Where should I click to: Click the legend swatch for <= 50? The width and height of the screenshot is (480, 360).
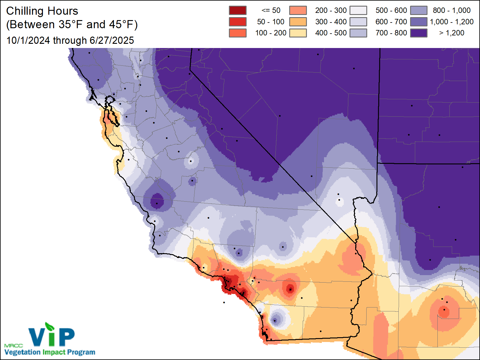tap(238, 10)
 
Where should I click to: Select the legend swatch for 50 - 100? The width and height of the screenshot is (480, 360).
tap(238, 22)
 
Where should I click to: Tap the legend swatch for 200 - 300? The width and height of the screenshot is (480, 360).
tap(298, 10)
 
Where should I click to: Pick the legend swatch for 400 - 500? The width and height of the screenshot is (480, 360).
tap(298, 33)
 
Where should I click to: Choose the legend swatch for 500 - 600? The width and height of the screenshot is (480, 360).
tap(358, 10)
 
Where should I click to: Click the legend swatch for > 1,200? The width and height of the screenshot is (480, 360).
tap(419, 33)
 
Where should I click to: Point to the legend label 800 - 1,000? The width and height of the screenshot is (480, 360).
tap(451, 10)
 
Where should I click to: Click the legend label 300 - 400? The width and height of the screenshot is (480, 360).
tap(331, 22)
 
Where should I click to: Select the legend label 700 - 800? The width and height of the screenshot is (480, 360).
tap(391, 33)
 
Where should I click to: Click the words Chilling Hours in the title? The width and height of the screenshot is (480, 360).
tap(42, 11)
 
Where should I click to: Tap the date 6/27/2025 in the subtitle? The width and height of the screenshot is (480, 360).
tap(112, 40)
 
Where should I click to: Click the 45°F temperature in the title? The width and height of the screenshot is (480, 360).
tap(121, 25)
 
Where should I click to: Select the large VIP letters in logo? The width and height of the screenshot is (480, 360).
tap(52, 337)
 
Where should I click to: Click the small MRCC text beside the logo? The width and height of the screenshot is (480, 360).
tap(13, 346)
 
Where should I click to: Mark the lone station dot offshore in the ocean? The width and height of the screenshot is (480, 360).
tap(224, 302)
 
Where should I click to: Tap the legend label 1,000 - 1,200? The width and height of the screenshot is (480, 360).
tap(451, 22)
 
